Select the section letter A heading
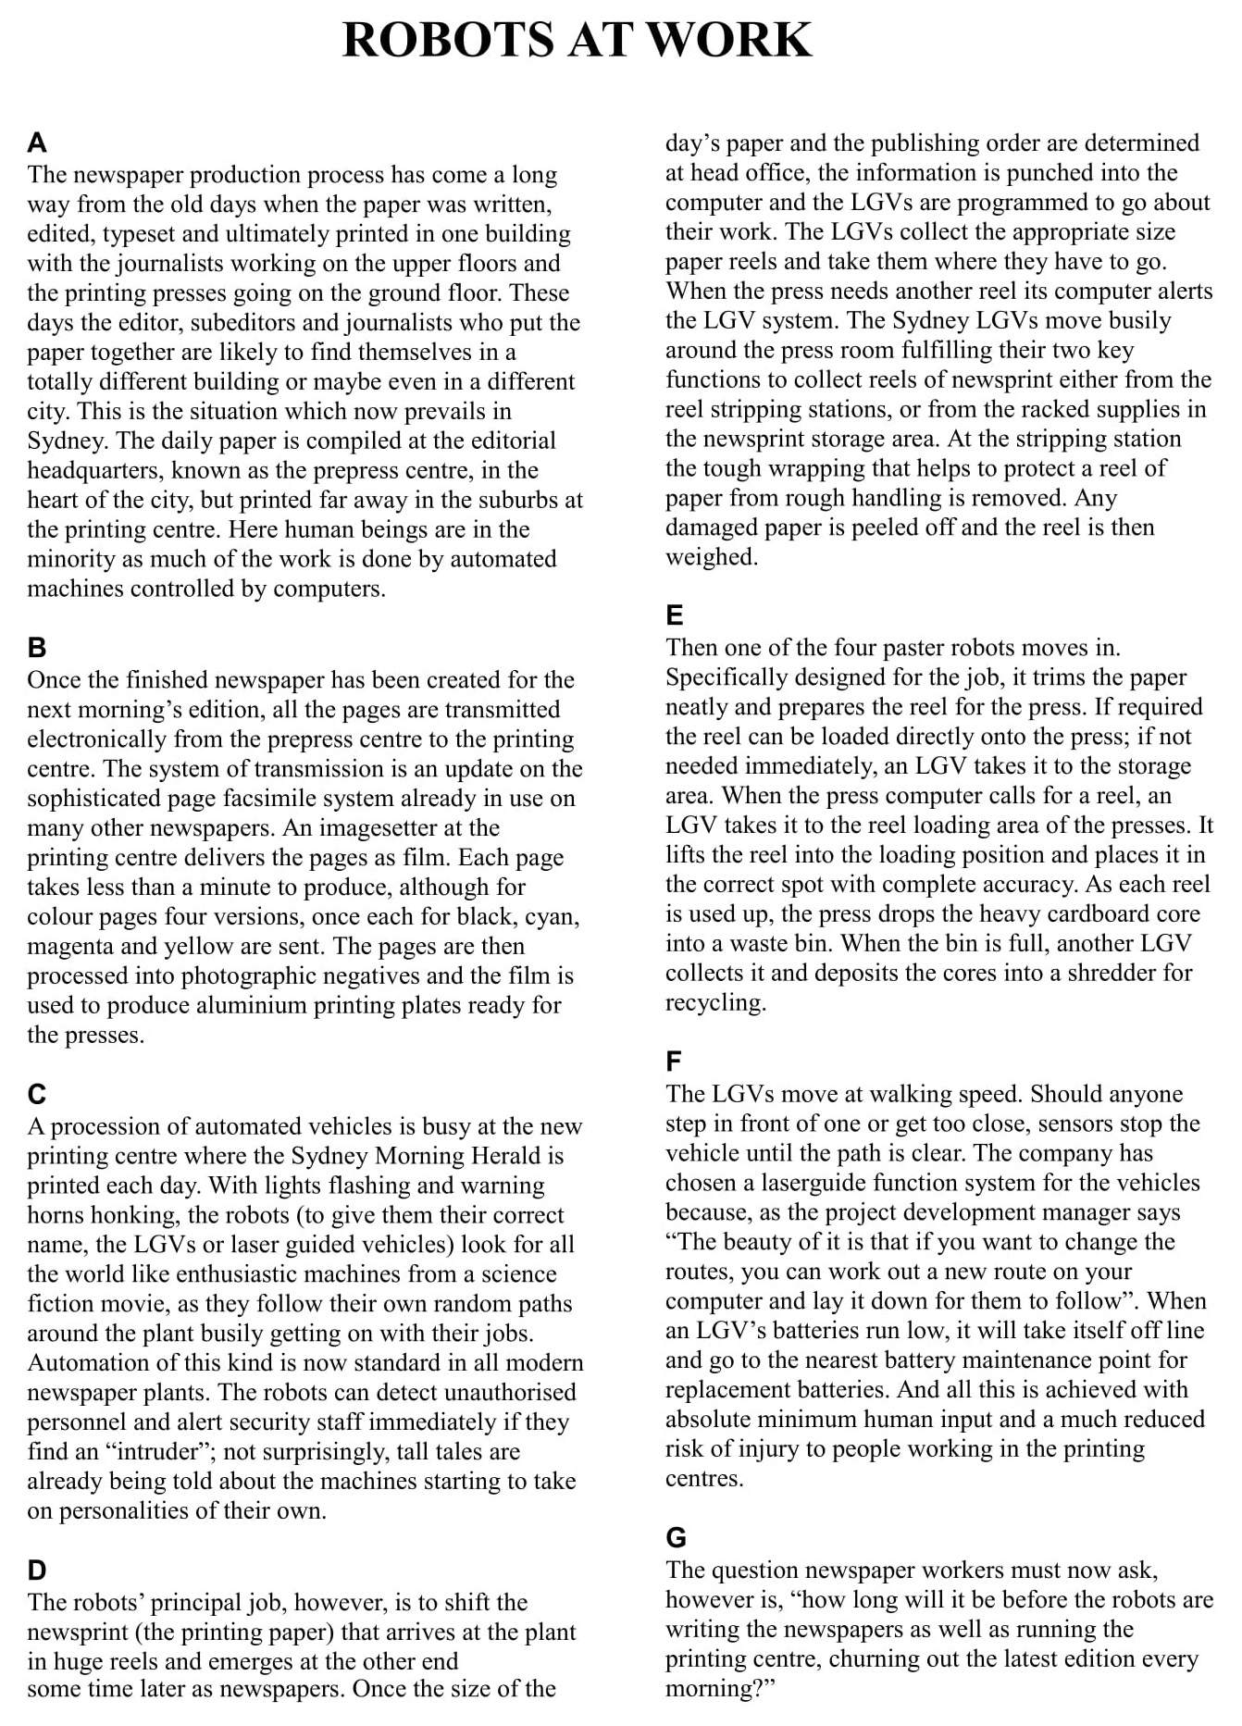pos(37,143)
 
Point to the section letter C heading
pos(37,1094)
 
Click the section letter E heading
pos(675,615)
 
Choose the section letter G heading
pos(676,1537)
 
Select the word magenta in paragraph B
pos(70,946)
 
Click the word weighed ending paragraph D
pos(710,557)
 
